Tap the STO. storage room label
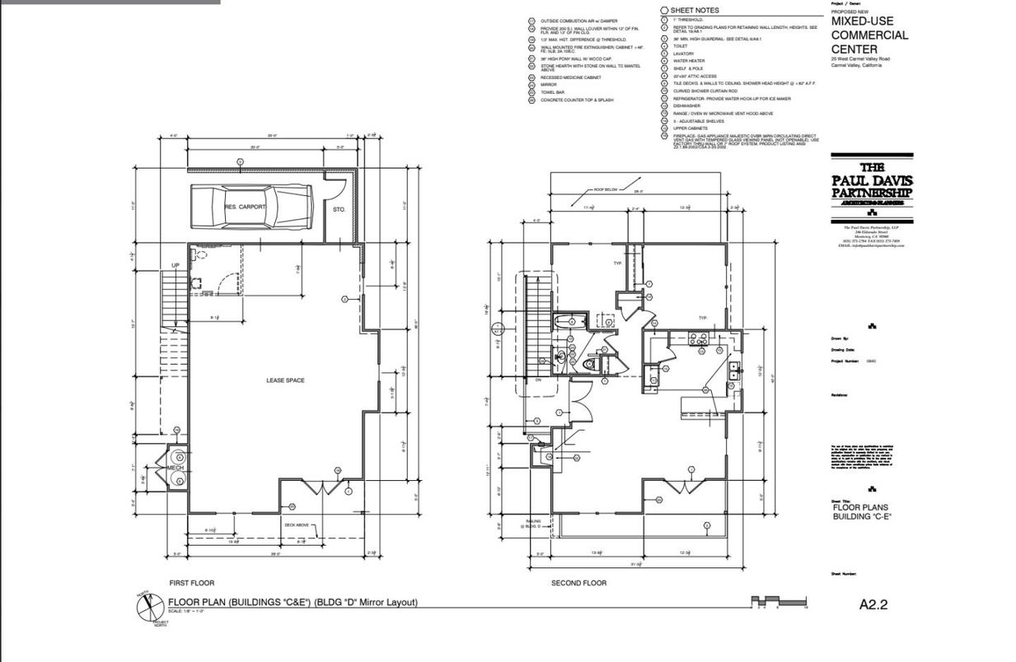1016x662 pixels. tap(339, 210)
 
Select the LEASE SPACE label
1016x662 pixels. tap(285, 380)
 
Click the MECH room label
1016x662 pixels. tap(175, 468)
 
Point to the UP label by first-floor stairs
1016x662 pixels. tap(176, 265)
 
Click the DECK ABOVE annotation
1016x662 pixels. tap(296, 524)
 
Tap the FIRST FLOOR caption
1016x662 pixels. tap(191, 583)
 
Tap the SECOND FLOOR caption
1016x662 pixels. tap(578, 583)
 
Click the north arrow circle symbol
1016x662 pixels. tap(145, 607)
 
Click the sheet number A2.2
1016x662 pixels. tap(873, 604)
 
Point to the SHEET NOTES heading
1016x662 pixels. tap(695, 11)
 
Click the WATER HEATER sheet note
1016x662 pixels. tap(689, 61)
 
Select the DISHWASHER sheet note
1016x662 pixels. tap(686, 105)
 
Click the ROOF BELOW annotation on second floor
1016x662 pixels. tap(606, 189)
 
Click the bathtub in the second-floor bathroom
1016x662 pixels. tap(569, 321)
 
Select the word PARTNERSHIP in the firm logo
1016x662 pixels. tap(872, 193)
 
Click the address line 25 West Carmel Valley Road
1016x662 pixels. tap(860, 59)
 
